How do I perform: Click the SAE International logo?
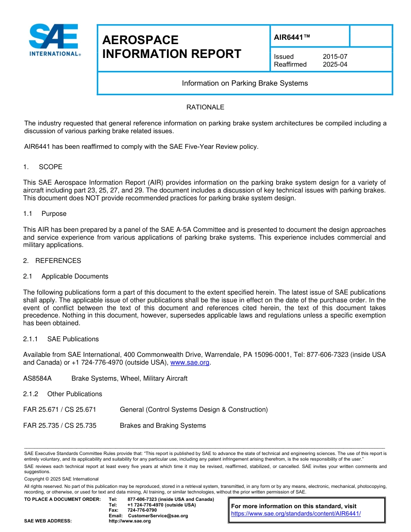click(54, 40)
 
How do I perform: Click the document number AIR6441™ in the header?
click(292, 38)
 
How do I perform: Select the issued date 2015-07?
click(335, 57)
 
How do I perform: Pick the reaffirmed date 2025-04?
click(335, 64)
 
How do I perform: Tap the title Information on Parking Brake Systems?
click(245, 83)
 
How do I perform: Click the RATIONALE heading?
click(205, 107)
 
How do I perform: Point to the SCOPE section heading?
click(50, 167)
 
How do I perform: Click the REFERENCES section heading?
click(58, 261)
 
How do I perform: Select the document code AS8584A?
click(37, 378)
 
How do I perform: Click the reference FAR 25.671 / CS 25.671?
click(60, 410)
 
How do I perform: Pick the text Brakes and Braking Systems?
click(163, 426)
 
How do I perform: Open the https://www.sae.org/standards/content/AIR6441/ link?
click(296, 514)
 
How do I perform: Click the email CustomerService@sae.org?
click(158, 516)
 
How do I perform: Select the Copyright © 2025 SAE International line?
click(61, 479)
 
